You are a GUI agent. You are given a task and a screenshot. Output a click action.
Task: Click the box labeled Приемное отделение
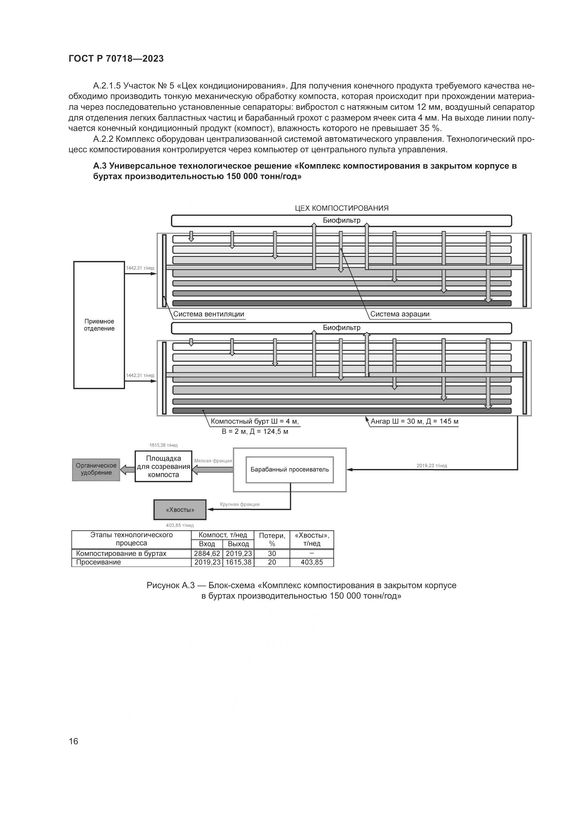click(x=99, y=325)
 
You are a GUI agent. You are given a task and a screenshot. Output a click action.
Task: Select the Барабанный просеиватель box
click(x=289, y=470)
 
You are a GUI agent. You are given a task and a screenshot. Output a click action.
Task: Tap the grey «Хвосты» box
click(x=180, y=510)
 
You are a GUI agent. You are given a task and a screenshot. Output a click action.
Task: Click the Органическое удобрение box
click(x=96, y=469)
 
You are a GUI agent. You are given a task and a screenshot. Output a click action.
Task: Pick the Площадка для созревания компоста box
click(x=164, y=467)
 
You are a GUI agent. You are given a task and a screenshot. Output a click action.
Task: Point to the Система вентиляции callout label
click(x=209, y=314)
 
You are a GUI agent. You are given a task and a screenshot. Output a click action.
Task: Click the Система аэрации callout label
click(x=400, y=314)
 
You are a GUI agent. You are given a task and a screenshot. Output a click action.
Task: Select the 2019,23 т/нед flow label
click(x=431, y=466)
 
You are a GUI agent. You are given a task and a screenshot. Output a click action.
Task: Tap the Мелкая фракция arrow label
click(x=213, y=461)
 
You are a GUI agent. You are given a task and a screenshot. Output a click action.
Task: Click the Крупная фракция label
click(x=240, y=504)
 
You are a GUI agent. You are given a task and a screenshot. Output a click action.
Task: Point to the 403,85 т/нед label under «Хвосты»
click(x=180, y=525)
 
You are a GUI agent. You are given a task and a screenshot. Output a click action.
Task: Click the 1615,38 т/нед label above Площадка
click(x=164, y=445)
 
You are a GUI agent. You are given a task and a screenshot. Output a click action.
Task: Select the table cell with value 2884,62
click(x=207, y=553)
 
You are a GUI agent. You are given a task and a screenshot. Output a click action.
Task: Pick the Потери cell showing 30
click(x=272, y=553)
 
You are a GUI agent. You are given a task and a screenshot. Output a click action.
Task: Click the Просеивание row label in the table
click(x=99, y=562)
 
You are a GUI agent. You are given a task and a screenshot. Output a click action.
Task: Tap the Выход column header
click(x=238, y=544)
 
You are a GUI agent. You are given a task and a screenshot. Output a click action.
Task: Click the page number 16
click(x=73, y=741)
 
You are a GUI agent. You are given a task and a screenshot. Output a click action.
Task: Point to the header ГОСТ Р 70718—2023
click(x=116, y=59)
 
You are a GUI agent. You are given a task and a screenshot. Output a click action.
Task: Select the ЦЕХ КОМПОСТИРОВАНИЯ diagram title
click(x=342, y=208)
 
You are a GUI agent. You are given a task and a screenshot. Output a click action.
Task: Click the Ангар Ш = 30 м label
click(x=415, y=422)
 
